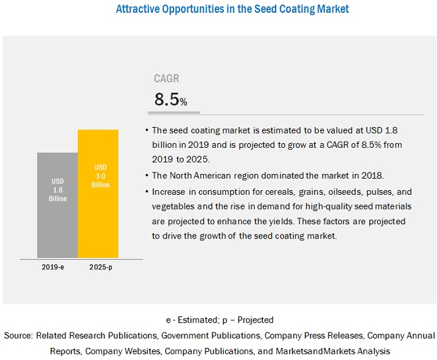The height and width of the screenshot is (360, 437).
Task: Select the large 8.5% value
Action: (x=170, y=99)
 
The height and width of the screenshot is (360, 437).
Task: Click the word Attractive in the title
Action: (x=142, y=9)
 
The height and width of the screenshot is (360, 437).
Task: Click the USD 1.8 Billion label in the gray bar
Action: (x=58, y=189)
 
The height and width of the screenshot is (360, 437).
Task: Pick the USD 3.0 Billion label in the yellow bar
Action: (x=98, y=175)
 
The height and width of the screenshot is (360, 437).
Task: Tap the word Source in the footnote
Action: (x=18, y=335)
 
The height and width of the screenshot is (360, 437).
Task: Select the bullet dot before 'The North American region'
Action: (x=147, y=176)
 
